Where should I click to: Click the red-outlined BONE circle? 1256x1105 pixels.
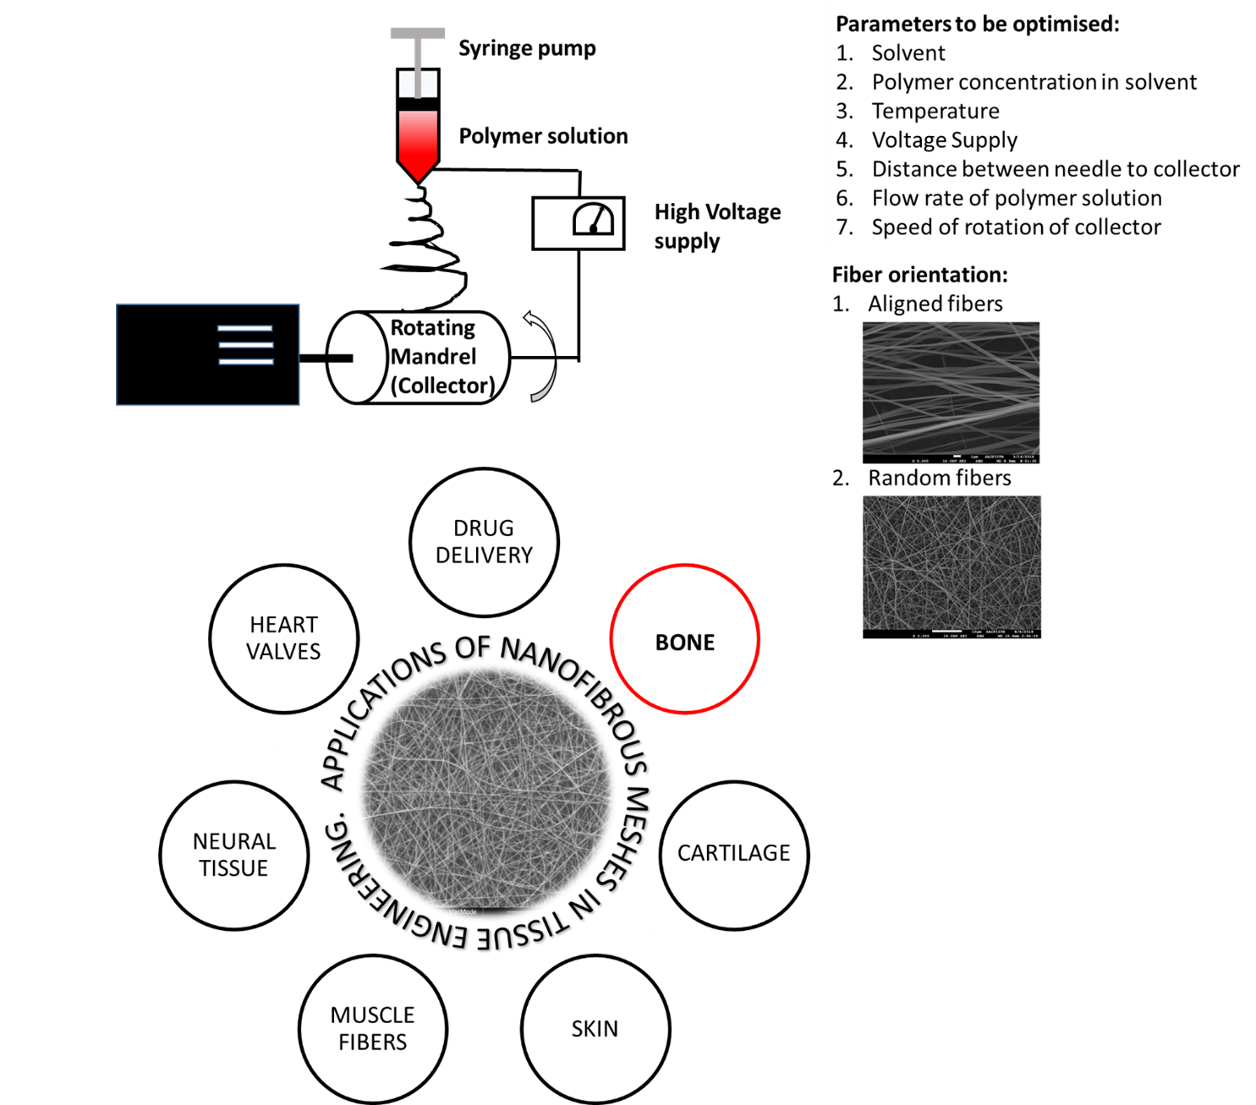click(684, 639)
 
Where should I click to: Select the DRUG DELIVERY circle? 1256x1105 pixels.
click(484, 542)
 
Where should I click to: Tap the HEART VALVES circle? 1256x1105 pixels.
click(283, 638)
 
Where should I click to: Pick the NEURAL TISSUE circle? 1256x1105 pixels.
click(233, 855)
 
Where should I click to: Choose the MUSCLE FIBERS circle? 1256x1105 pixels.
click(372, 1028)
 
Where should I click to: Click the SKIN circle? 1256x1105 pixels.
click(595, 1029)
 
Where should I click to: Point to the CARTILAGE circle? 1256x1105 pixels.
click(733, 854)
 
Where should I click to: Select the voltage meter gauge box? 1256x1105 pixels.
click(579, 223)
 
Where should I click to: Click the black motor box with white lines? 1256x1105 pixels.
click(208, 354)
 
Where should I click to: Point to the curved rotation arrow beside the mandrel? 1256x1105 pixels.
click(541, 355)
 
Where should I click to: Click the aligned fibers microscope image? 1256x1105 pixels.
click(951, 391)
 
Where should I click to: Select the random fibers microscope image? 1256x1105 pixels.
click(952, 566)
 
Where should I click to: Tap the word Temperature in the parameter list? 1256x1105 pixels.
click(935, 112)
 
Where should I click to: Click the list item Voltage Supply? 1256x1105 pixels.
click(944, 140)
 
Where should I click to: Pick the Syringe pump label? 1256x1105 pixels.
click(527, 49)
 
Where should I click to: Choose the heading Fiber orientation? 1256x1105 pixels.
click(919, 275)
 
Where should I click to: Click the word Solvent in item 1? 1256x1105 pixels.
click(908, 53)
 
